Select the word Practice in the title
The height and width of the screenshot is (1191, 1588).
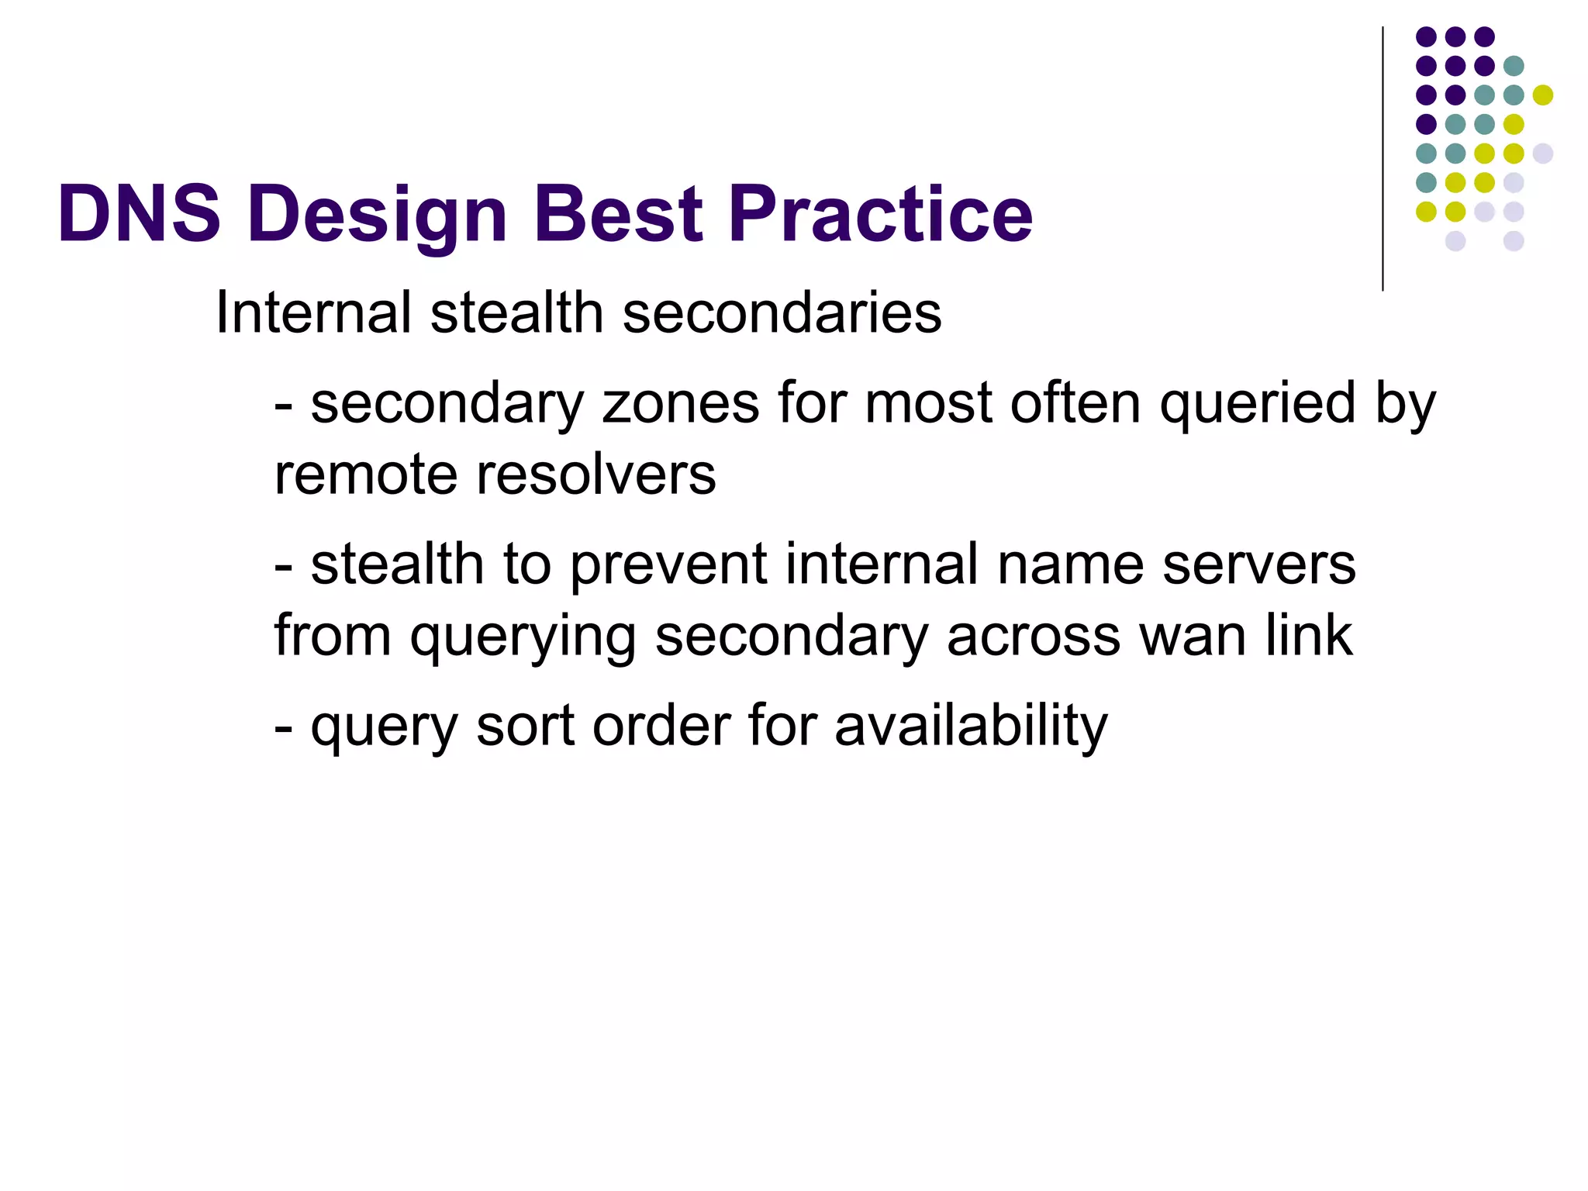[x=880, y=214]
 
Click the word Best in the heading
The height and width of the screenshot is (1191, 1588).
[x=618, y=214]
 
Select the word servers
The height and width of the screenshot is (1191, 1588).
[x=1259, y=564]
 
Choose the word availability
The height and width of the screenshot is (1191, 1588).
[x=971, y=727]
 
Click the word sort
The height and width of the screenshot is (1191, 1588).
[x=525, y=727]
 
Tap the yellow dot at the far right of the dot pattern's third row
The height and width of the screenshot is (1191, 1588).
[x=1542, y=95]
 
